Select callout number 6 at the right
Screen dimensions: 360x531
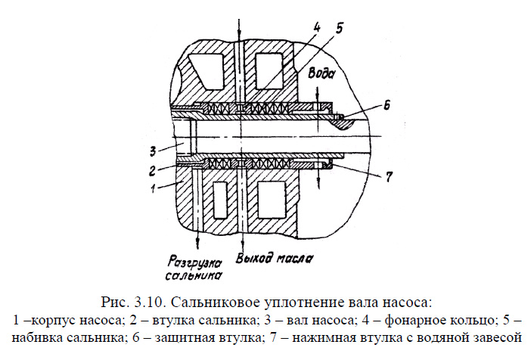coord(387,107)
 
